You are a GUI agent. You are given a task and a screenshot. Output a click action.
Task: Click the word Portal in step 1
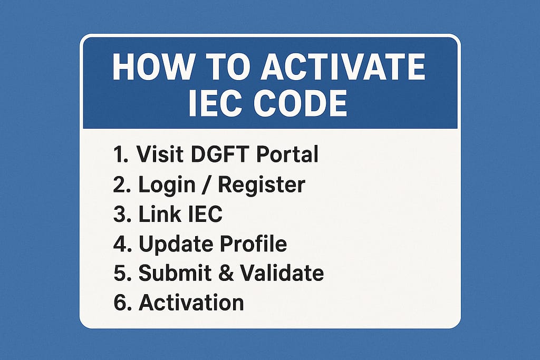click(287, 154)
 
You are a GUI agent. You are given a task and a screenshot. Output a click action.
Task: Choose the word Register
click(262, 186)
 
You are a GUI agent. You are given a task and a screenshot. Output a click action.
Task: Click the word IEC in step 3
click(205, 215)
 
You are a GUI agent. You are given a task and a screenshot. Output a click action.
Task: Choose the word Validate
click(282, 273)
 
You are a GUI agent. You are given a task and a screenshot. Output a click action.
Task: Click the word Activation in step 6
click(191, 303)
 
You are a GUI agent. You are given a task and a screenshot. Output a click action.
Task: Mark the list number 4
click(119, 244)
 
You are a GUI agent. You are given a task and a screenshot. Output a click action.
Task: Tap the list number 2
click(119, 185)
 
